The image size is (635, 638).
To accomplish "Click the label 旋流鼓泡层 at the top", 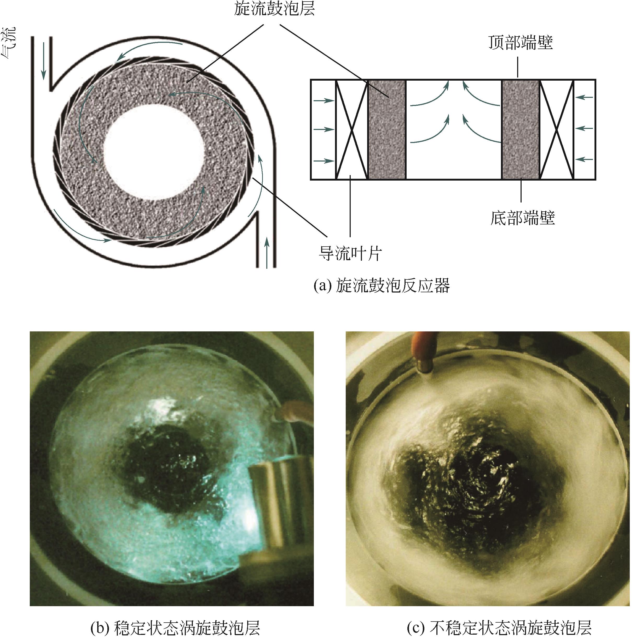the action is pos(274,9).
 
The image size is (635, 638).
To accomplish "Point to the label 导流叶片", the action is pos(350,254).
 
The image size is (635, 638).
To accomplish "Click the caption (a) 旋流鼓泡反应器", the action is pos(382,286).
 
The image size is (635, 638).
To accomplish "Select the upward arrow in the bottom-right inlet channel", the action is pos(267,254).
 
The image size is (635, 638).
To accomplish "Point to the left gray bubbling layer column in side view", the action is pos(387,129).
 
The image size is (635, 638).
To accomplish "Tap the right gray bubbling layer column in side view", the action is pos(521,129).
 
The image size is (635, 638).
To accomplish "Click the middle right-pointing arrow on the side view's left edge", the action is pos(324,129).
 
